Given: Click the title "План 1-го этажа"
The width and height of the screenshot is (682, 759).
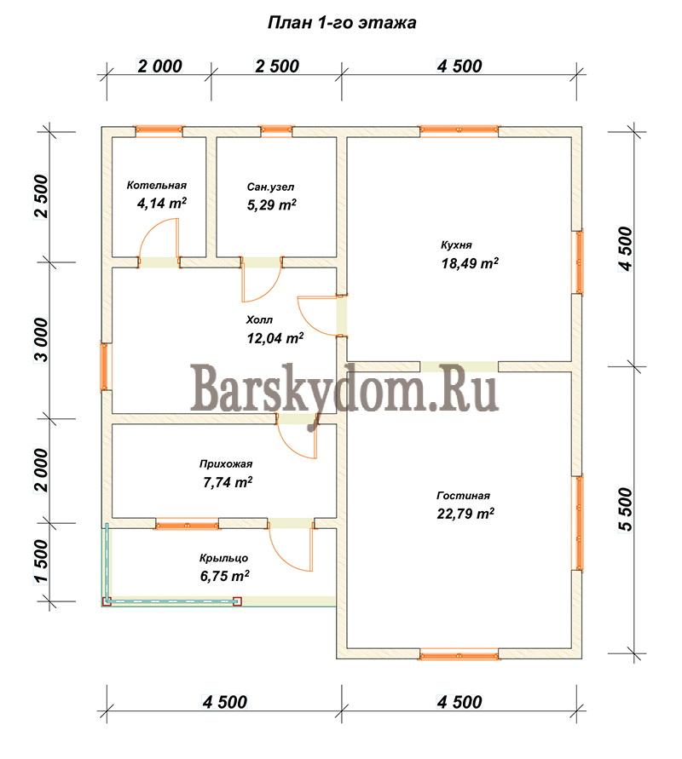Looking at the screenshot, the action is tap(342, 23).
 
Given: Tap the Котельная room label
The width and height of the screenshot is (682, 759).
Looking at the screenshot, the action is tap(157, 186).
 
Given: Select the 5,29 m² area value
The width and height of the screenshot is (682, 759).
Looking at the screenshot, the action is tap(272, 204).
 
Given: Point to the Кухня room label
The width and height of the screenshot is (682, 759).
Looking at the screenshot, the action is tap(456, 245).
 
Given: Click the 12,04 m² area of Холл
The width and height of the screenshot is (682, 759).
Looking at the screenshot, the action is tap(275, 338).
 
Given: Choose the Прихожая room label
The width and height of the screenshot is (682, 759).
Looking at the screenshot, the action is tap(226, 464).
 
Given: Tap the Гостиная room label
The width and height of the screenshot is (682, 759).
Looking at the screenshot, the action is tap(464, 496).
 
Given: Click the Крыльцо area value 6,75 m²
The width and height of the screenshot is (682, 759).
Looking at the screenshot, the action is tap(225, 576).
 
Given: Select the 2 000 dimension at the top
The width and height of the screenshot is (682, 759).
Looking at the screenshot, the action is tap(160, 66).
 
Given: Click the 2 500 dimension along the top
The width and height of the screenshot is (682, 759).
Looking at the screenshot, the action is tap(277, 66).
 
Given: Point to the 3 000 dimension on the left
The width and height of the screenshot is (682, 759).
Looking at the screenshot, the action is tap(42, 340).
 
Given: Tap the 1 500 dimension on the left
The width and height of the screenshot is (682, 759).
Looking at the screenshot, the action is tap(42, 562).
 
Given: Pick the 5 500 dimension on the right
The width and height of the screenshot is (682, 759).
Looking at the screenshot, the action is tap(626, 509).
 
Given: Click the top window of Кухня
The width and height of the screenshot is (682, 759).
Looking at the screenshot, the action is tap(459, 130).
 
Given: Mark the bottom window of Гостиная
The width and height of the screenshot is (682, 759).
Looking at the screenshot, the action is tap(459, 655).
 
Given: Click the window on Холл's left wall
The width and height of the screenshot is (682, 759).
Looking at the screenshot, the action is tap(104, 366).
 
